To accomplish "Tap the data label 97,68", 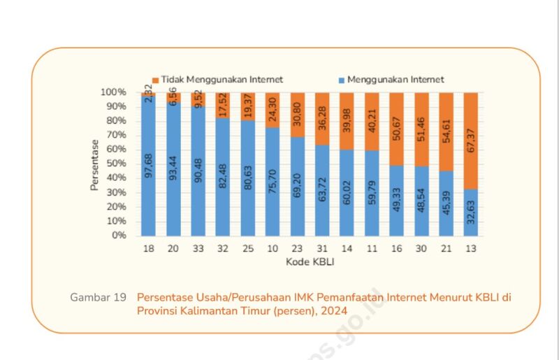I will [149, 167].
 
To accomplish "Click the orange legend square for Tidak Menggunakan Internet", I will [155, 80].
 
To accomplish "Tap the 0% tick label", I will [117, 235].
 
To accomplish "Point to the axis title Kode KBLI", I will [310, 262].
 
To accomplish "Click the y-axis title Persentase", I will [94, 165].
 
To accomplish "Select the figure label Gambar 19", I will [98, 297].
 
